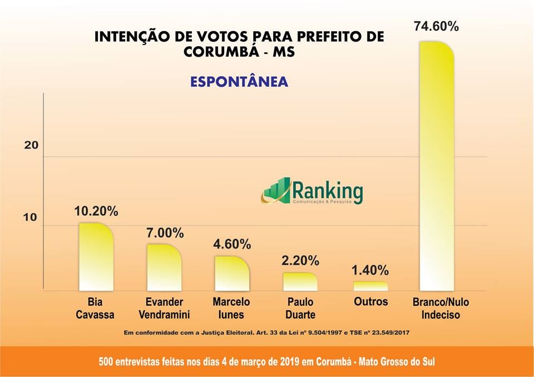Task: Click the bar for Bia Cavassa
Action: (96, 257)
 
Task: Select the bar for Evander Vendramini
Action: (164, 267)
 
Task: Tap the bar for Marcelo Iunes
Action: (231, 274)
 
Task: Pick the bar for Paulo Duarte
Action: (300, 282)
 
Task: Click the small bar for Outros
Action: (370, 286)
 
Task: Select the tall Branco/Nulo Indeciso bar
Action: (437, 167)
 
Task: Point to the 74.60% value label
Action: (436, 26)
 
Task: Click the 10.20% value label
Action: (96, 211)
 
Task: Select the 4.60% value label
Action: (232, 244)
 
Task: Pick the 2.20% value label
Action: (300, 260)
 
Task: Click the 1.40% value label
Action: (370, 271)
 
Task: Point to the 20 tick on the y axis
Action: (31, 145)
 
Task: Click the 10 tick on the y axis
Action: (30, 217)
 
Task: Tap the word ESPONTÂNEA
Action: (239, 82)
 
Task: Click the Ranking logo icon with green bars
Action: (276, 191)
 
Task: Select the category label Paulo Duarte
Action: (300, 308)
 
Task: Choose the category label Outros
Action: (370, 302)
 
